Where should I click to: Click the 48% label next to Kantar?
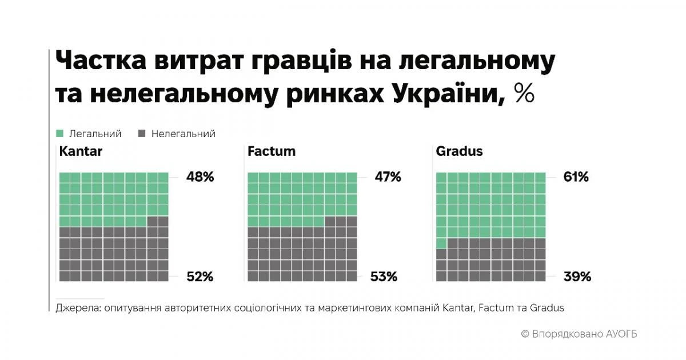coord(200,177)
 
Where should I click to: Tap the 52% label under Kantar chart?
coord(200,277)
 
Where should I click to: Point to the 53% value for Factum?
coord(384,277)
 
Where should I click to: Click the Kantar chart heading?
coord(81,152)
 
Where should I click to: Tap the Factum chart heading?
coord(272,152)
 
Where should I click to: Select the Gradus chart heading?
coord(459,152)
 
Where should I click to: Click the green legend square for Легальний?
coord(59,134)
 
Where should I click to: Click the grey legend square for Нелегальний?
coord(142,134)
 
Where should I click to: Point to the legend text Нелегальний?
coord(183,134)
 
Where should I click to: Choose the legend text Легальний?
coord(95,134)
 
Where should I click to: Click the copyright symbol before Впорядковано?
coord(525,334)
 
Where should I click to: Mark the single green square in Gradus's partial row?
coord(441,243)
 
